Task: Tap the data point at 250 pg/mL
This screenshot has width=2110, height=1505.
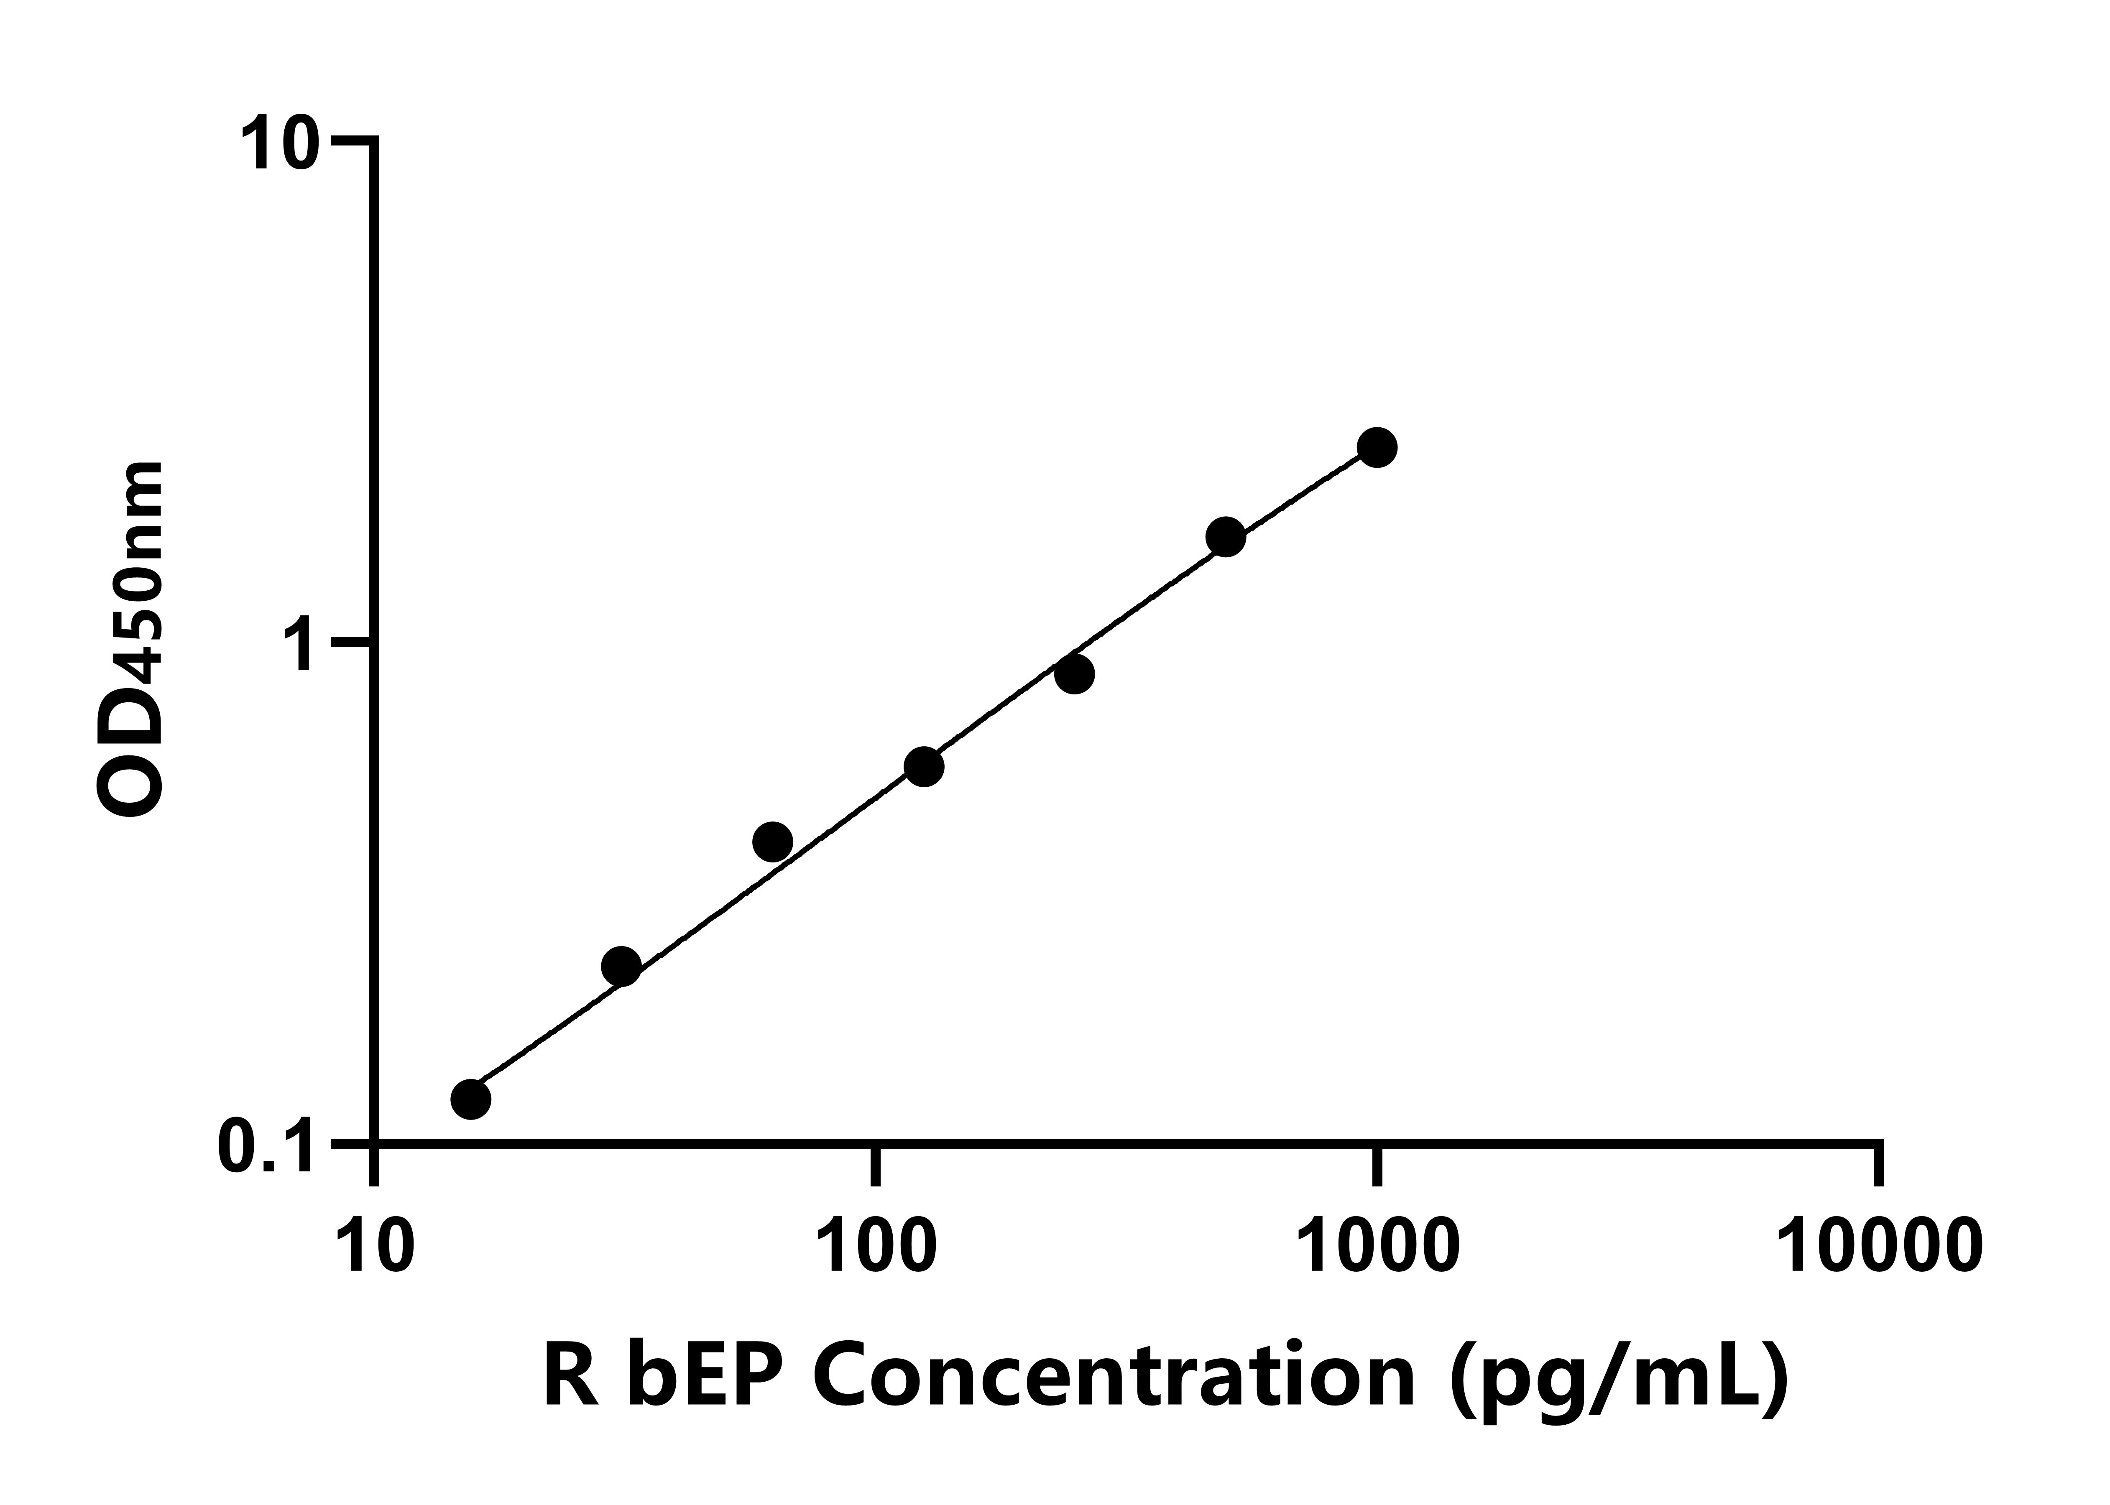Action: pyautogui.click(x=1074, y=674)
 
